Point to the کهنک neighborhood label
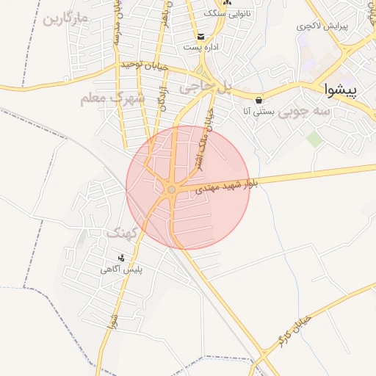pyautogui.click(x=122, y=233)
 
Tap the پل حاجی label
pyautogui.click(x=206, y=87)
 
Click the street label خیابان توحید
pyautogui.click(x=145, y=66)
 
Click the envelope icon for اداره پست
pyautogui.click(x=200, y=37)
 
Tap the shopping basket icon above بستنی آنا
pyautogui.click(x=258, y=100)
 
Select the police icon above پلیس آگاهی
pyautogui.click(x=121, y=258)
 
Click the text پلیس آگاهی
pyautogui.click(x=121, y=270)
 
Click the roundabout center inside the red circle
pyautogui.click(x=171, y=189)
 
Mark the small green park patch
pyautogui.click(x=314, y=139)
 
